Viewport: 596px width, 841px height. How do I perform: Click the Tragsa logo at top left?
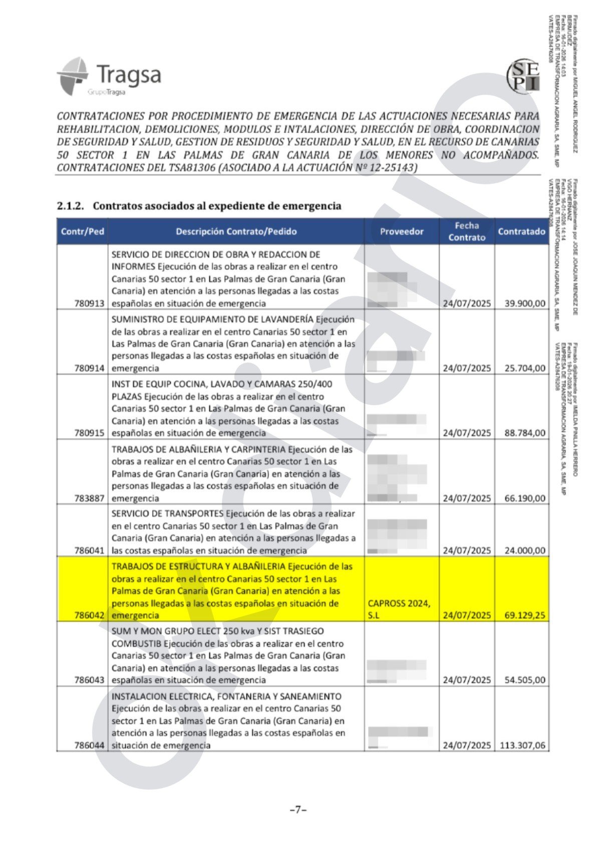pyautogui.click(x=109, y=77)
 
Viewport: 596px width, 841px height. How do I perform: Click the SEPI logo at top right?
pyautogui.click(x=523, y=77)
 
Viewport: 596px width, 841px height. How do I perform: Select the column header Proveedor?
pyautogui.click(x=402, y=232)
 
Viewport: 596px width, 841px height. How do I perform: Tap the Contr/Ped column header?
pyautogui.click(x=82, y=232)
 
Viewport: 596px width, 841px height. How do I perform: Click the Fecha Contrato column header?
pyautogui.click(x=467, y=232)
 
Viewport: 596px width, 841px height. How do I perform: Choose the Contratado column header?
pyautogui.click(x=521, y=232)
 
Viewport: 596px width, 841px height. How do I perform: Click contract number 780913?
pyautogui.click(x=89, y=303)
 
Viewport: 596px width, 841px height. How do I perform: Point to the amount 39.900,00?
pyautogui.click(x=525, y=303)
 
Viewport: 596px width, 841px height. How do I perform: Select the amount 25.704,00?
pyautogui.click(x=525, y=368)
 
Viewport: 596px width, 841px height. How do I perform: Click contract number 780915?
pyautogui.click(x=89, y=433)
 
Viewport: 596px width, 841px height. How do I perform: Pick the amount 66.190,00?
pyautogui.click(x=525, y=498)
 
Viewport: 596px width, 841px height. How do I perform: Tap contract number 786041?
pyautogui.click(x=89, y=550)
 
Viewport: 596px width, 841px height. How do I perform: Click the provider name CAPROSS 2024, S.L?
pyautogui.click(x=399, y=609)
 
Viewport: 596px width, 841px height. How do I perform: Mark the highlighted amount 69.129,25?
pyautogui.click(x=525, y=615)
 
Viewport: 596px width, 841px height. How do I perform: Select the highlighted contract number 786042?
pyautogui.click(x=89, y=615)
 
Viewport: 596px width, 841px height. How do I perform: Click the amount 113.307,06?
pyautogui.click(x=522, y=745)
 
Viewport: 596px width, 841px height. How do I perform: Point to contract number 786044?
pyautogui.click(x=89, y=745)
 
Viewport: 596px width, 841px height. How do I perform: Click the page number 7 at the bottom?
pyautogui.click(x=297, y=809)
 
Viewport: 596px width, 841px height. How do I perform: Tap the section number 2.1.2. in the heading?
pyautogui.click(x=70, y=206)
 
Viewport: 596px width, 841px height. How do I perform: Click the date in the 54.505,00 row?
pyautogui.click(x=467, y=680)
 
